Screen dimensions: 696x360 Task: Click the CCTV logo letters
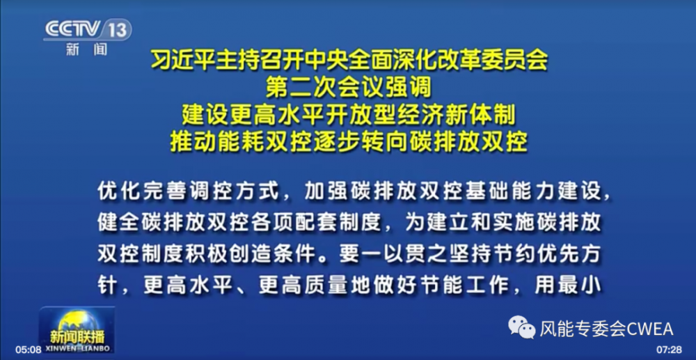[74, 29]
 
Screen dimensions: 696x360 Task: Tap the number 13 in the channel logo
[117, 30]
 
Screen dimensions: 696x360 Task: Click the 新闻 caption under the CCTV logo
[87, 49]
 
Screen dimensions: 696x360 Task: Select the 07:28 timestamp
[669, 350]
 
